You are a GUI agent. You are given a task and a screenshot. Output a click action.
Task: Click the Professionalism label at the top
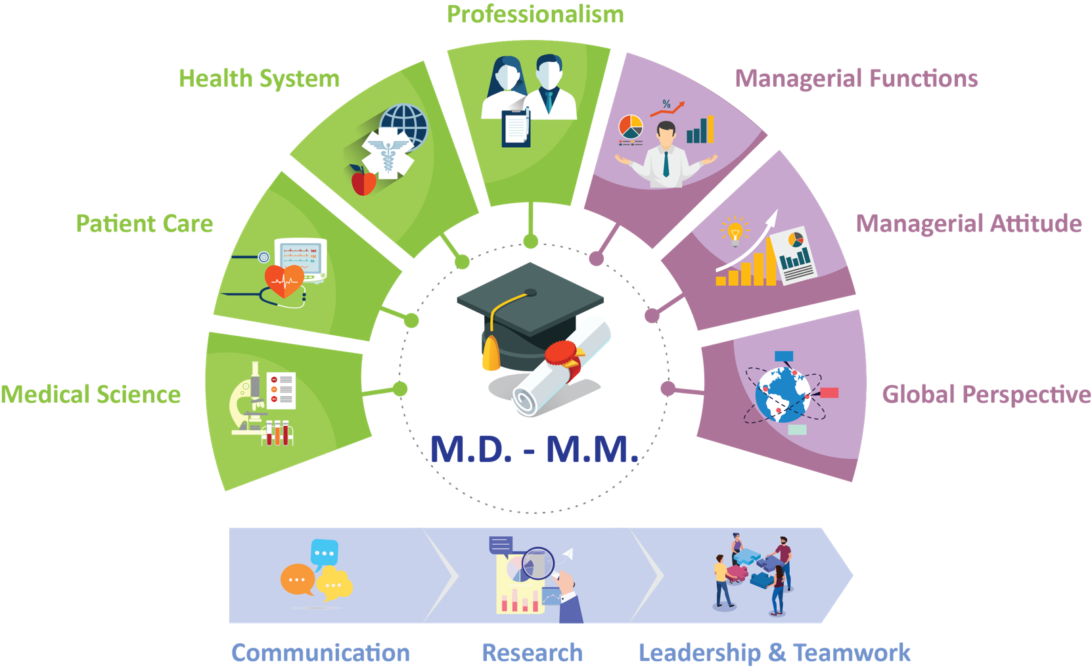coord(535,14)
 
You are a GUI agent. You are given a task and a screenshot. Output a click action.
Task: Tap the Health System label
coord(259,79)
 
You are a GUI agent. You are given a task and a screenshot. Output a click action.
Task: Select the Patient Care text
coord(145,224)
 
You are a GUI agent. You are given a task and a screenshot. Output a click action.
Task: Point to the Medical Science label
coord(91,394)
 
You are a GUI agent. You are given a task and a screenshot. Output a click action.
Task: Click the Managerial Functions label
coord(856,79)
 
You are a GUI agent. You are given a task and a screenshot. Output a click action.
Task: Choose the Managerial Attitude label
coord(968,224)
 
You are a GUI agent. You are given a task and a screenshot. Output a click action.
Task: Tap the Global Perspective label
coord(986,394)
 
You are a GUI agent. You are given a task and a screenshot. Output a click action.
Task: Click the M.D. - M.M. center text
coord(534,450)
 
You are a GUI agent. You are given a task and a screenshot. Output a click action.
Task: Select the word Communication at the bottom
coord(321,653)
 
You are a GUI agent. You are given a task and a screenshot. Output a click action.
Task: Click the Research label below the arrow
coord(532,653)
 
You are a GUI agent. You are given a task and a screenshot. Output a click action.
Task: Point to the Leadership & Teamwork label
coord(775,653)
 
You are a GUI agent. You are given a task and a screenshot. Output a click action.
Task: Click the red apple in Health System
coord(363,181)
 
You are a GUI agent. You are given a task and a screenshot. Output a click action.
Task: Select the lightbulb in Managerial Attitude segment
coord(735,231)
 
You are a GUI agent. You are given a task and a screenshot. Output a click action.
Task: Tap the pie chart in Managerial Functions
coord(631,127)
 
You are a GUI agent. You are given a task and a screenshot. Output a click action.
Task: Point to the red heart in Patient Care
coord(284,281)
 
